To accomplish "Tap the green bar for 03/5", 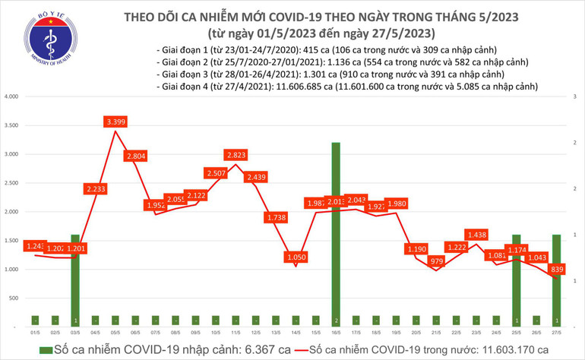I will point(75,280).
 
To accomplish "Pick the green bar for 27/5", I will point(556,280).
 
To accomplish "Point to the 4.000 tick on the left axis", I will point(11,97).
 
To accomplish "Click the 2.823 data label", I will point(236,155).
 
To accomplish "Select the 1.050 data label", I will point(294,257).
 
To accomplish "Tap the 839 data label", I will point(557,270).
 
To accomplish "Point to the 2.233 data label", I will point(96,188).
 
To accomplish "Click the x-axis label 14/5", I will point(295,333).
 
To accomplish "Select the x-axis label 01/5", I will point(35,333).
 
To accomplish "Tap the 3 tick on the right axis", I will point(575,97).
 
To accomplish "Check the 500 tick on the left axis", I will point(14,298).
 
